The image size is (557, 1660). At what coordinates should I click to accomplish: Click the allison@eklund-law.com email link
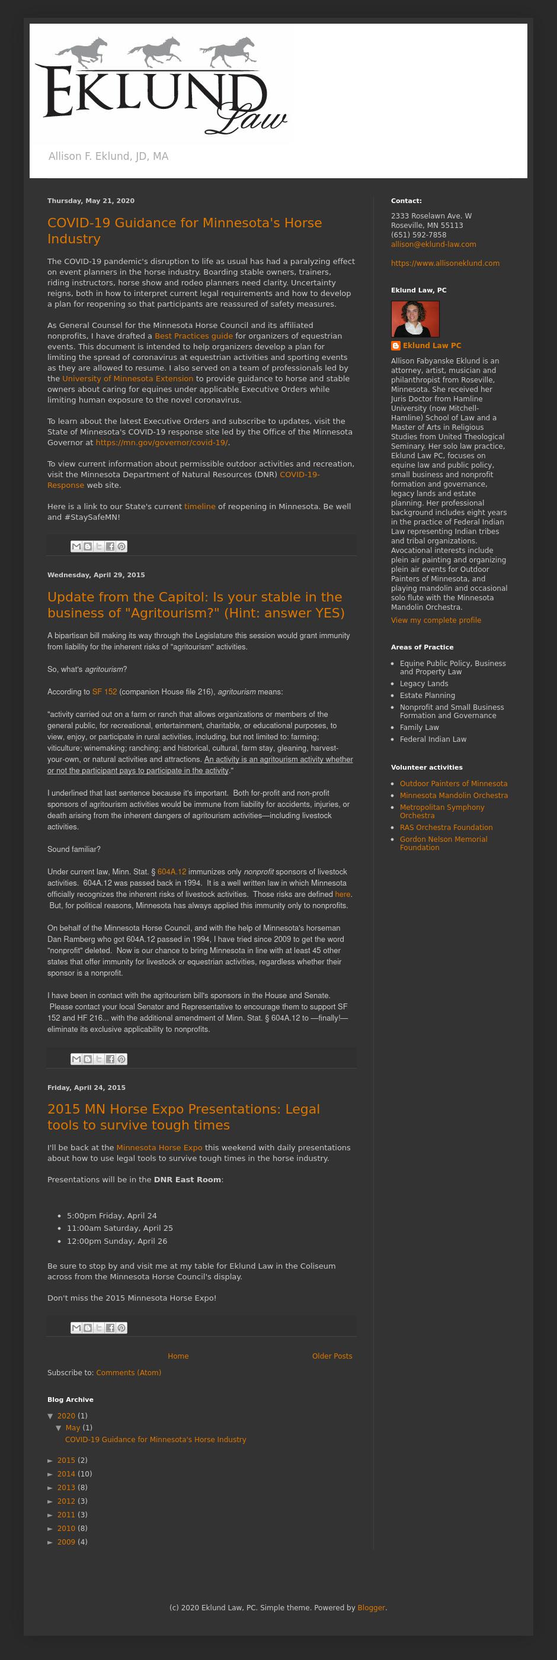pos(433,245)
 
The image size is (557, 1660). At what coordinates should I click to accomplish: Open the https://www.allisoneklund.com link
pos(445,263)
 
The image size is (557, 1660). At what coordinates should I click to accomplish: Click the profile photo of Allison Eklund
pos(415,319)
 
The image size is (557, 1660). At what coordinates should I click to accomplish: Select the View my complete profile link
pos(436,620)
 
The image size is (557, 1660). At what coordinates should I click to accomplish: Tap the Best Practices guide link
pos(193,336)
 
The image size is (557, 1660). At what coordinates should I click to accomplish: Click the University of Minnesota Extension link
pos(127,378)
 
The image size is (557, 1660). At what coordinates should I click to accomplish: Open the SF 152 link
pos(104,691)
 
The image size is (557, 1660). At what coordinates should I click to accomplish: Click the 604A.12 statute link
pos(171,871)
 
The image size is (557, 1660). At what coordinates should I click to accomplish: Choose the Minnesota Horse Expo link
pos(159,1147)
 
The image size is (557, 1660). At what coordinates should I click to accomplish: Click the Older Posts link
pos(332,1356)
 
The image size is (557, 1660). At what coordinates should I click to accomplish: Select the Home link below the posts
pos(178,1356)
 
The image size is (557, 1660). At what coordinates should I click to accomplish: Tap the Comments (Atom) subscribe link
pos(129,1373)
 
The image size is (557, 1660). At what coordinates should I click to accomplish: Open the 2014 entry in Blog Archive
pos(66,1474)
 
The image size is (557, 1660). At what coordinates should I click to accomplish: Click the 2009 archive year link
pos(66,1542)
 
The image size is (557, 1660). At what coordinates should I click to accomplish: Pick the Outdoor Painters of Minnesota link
pos(453,784)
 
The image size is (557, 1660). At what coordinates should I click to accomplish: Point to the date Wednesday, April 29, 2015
pos(96,575)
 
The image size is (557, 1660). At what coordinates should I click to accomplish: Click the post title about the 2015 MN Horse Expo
pos(183,1117)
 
